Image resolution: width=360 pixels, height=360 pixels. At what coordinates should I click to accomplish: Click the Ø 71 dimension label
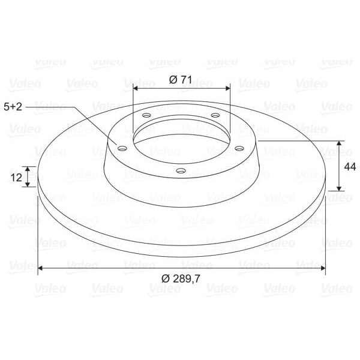click(180, 80)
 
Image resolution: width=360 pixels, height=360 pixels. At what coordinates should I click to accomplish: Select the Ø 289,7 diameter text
click(181, 279)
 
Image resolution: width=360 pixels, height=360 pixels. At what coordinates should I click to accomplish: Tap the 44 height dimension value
click(350, 167)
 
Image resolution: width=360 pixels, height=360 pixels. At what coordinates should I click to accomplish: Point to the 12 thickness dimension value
click(16, 178)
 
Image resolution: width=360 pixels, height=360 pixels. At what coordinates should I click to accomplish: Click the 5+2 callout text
click(13, 107)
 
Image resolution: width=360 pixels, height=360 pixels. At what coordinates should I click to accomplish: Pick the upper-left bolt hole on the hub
click(146, 115)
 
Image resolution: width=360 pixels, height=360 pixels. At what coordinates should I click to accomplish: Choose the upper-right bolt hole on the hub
click(215, 115)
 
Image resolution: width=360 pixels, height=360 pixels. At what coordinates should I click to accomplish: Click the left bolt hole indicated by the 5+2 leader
click(122, 148)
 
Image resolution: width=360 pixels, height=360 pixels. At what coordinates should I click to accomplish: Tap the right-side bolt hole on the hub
click(239, 148)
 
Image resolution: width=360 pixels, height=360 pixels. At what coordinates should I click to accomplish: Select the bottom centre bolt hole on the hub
click(181, 170)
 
